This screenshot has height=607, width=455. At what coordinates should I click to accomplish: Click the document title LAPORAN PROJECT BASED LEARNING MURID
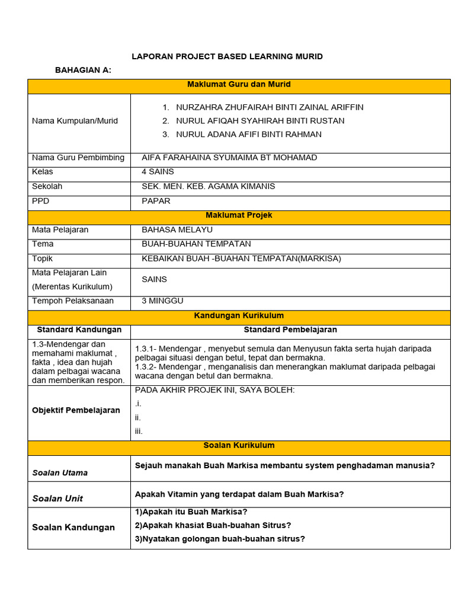click(227, 56)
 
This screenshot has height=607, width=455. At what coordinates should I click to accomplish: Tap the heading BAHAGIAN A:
click(83, 70)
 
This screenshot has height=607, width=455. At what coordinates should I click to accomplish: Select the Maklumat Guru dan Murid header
click(239, 85)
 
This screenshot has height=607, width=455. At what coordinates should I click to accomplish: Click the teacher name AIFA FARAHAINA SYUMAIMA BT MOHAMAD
click(229, 158)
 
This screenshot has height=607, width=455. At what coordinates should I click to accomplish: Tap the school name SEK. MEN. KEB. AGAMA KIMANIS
click(209, 186)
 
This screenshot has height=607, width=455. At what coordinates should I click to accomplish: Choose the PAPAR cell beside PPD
click(156, 201)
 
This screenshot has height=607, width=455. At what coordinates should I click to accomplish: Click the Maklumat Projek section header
click(239, 215)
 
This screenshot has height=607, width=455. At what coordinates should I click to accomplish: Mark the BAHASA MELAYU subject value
click(177, 229)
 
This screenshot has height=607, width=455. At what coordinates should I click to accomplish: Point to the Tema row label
click(43, 244)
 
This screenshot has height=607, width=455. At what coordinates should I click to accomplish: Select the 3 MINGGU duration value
click(162, 301)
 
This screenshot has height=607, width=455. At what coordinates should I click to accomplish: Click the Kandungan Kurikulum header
click(239, 316)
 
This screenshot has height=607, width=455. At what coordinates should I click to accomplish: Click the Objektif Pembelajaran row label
click(76, 410)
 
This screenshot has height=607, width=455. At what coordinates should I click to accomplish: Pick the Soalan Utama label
click(60, 472)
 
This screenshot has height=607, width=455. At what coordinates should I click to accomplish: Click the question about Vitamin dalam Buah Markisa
click(239, 494)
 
